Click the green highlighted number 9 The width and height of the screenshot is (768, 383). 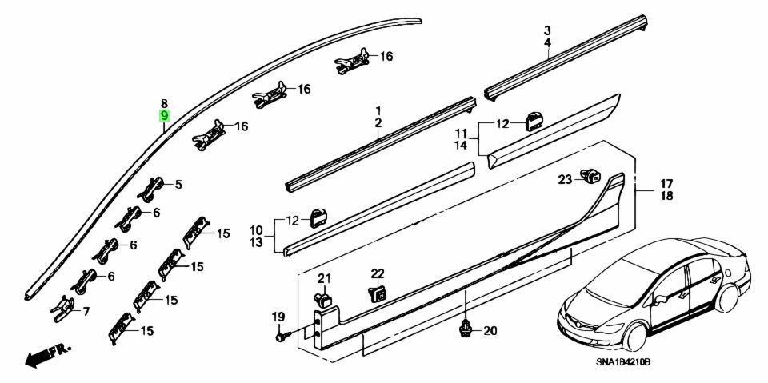(164, 116)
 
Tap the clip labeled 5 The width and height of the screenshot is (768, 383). (153, 187)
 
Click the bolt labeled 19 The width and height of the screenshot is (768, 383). (281, 337)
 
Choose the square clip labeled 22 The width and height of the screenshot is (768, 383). (378, 293)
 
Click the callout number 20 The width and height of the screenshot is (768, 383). (490, 331)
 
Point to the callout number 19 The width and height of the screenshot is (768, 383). (278, 317)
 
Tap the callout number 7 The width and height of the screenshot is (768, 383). (86, 310)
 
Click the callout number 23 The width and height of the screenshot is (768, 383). (564, 178)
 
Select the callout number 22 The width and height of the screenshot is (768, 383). (378, 273)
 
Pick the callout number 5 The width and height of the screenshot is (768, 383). (178, 185)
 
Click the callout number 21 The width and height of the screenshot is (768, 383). (324, 278)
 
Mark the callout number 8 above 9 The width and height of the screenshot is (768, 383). (164, 103)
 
